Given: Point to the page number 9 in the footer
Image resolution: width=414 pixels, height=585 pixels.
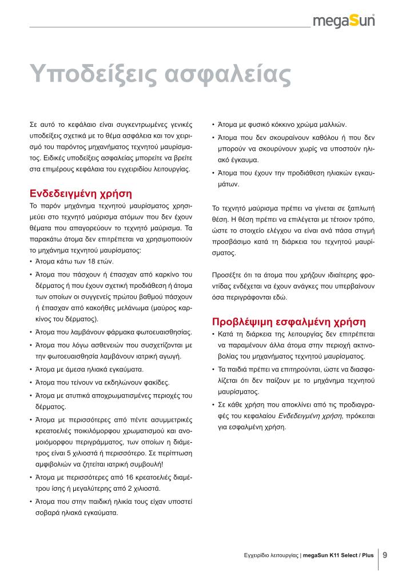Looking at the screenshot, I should pos(385,554).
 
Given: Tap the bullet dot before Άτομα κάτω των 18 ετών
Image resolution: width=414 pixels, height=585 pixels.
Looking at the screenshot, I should pos(30,261).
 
